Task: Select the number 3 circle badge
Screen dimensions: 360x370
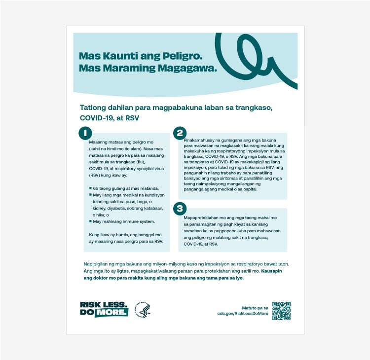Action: click(180, 209)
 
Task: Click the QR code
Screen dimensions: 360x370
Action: click(282, 310)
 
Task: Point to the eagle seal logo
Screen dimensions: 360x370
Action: click(143, 310)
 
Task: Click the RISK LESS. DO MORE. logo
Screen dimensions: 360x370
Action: click(104, 309)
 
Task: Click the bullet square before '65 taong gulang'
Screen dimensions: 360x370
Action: click(84, 189)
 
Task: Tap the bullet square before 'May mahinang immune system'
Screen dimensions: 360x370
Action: click(84, 221)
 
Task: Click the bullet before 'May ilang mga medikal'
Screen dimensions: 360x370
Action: click(84, 195)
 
